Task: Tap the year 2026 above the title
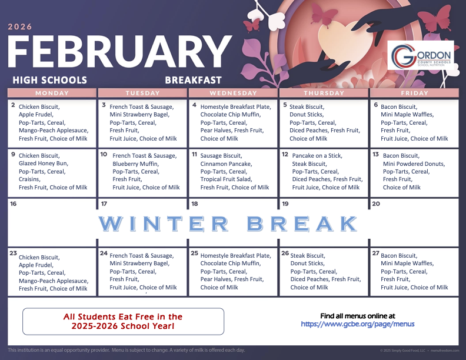(x=20, y=26)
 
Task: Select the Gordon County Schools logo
(x=421, y=57)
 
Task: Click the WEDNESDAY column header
(x=234, y=93)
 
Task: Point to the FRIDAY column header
(x=414, y=93)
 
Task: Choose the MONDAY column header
(x=52, y=93)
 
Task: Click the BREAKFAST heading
(x=193, y=80)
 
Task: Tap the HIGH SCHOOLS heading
(x=49, y=80)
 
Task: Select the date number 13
(x=375, y=154)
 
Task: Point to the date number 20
(x=376, y=204)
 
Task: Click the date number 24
(x=104, y=254)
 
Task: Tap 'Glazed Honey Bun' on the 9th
(x=43, y=164)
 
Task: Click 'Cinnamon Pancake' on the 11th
(x=225, y=164)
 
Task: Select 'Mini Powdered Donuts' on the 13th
(x=414, y=164)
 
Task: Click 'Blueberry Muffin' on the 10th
(x=136, y=164)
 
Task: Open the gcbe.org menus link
(x=357, y=324)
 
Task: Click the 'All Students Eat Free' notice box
(x=123, y=321)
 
